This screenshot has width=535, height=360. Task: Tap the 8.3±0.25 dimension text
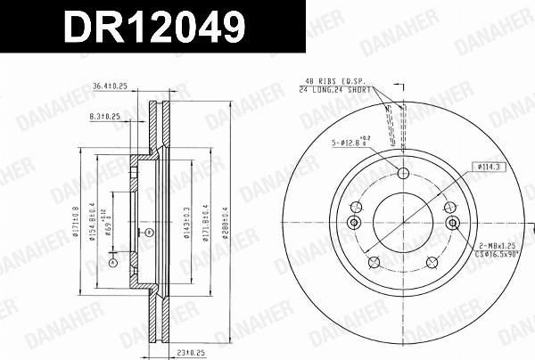tap(106, 116)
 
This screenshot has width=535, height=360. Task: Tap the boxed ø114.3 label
tap(489, 166)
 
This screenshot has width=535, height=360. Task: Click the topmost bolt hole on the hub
tap(403, 174)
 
